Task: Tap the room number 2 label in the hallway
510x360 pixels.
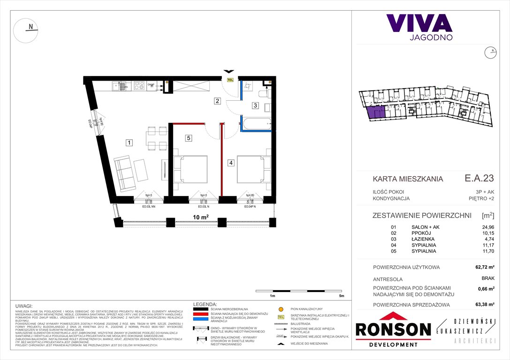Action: pos(217,101)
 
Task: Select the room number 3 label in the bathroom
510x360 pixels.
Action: pos(255,105)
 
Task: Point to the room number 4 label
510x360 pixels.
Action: pos(231,163)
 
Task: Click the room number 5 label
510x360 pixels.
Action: pos(188,138)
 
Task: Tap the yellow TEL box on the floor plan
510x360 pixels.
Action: pos(230,80)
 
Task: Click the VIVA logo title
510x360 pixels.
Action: pos(419,23)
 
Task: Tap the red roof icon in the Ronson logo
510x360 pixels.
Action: pos(393,317)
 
